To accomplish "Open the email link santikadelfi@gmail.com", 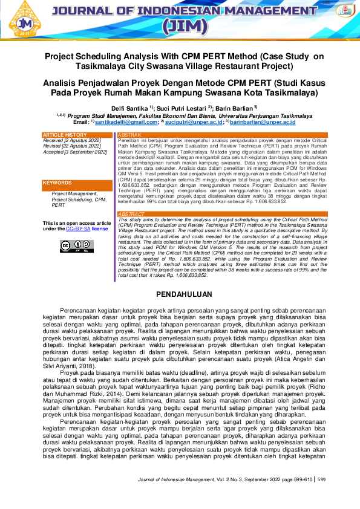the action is click(x=125, y=122).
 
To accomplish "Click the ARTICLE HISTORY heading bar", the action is click(x=77, y=134).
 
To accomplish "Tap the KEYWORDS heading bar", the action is click(x=77, y=183).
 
